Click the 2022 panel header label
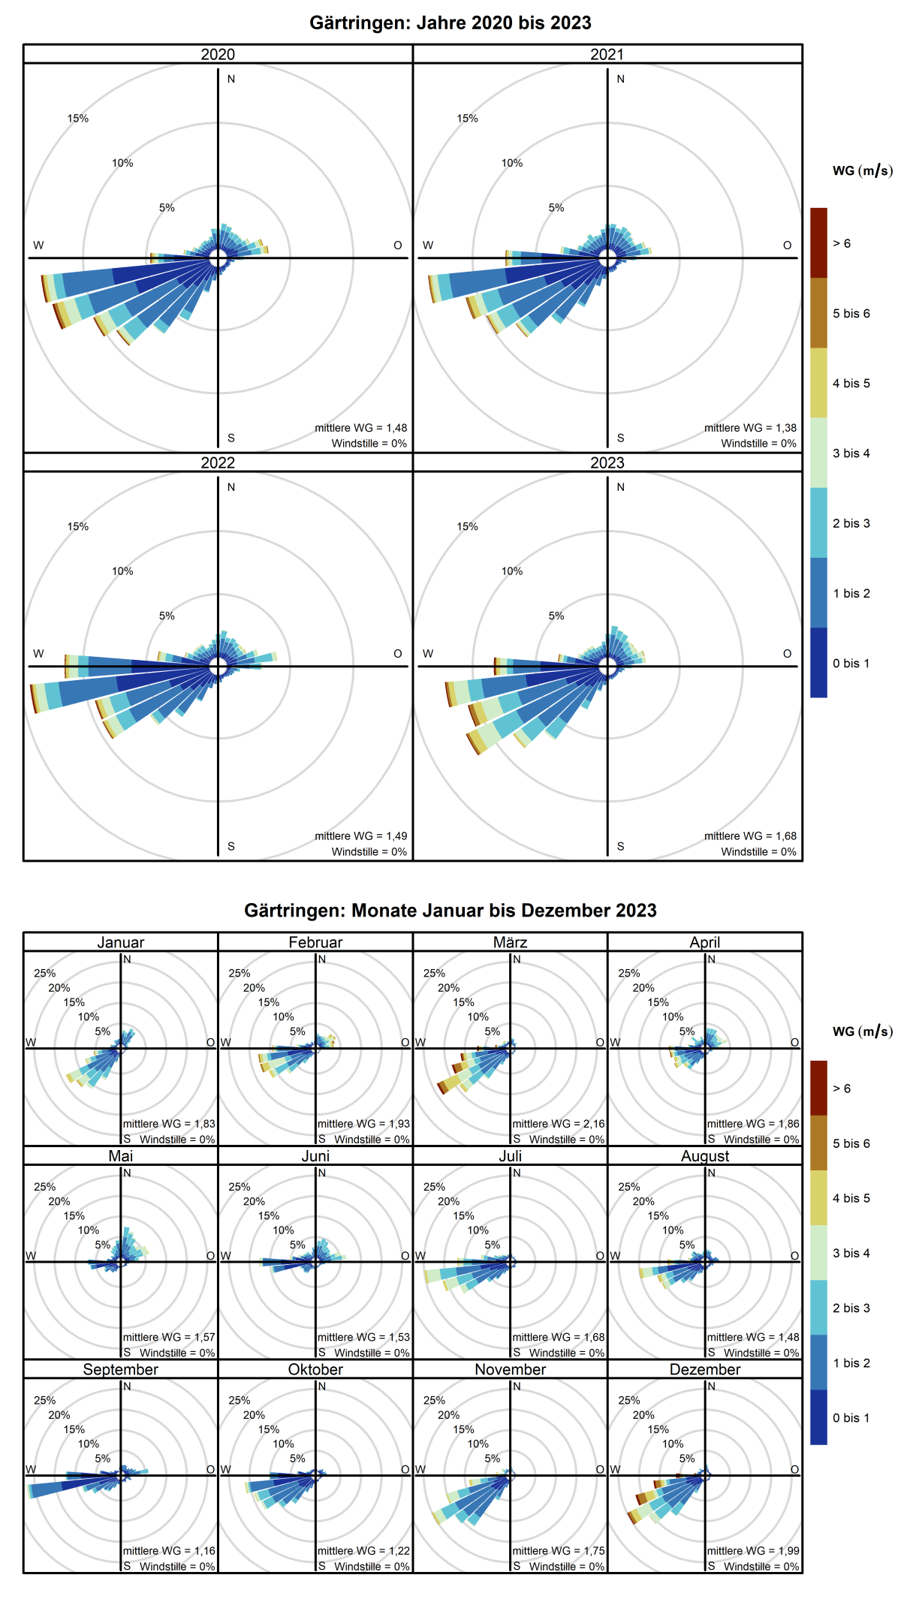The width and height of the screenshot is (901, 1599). (x=218, y=462)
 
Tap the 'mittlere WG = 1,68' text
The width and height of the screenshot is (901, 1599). (x=750, y=836)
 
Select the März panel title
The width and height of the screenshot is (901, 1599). (x=510, y=942)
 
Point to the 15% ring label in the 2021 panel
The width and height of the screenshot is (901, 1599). (x=467, y=119)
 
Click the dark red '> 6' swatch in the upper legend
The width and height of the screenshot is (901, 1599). (x=818, y=242)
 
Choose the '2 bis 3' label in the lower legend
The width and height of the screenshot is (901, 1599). (x=851, y=1308)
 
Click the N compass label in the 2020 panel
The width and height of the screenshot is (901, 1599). (x=231, y=79)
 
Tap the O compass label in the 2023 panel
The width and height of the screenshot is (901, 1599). (x=787, y=654)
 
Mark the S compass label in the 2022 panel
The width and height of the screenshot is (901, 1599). (x=231, y=846)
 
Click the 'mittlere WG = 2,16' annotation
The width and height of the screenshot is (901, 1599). (x=558, y=1124)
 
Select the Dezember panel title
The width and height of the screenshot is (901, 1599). (x=704, y=1369)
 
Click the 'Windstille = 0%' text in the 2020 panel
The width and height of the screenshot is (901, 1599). (x=369, y=444)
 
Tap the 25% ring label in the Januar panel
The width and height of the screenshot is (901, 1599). (x=44, y=974)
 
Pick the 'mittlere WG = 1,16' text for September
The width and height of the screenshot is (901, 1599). (x=169, y=1551)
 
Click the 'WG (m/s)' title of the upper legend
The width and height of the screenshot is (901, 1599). (x=862, y=171)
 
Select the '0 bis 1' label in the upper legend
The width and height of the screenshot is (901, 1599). (x=851, y=663)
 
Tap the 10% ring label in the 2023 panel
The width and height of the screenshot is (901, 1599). (x=512, y=571)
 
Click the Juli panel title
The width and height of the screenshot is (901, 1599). (x=510, y=1156)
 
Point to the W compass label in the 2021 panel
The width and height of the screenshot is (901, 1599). (x=428, y=245)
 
